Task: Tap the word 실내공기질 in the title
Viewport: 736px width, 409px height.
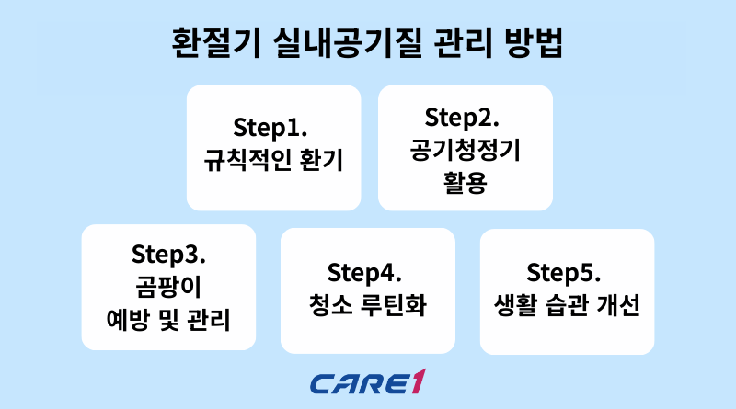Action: (338, 42)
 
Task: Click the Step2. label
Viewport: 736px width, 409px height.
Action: (465, 117)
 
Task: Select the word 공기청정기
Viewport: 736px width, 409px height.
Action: (466, 149)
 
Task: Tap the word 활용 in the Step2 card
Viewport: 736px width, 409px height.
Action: (466, 181)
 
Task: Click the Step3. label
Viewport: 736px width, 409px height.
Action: (168, 253)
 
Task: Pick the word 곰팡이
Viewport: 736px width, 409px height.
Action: (168, 287)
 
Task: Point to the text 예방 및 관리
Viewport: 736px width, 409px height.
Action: (168, 321)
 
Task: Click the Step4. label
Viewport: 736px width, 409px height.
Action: (367, 273)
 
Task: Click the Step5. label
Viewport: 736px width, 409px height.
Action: (567, 273)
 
